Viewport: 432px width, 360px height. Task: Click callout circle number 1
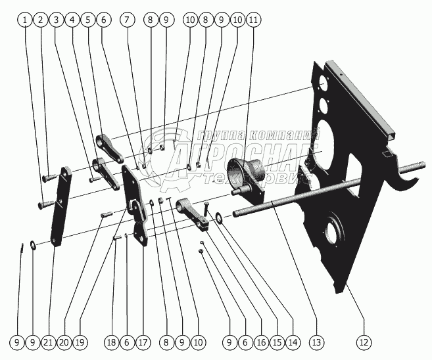25,20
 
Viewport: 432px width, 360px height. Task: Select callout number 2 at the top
41,20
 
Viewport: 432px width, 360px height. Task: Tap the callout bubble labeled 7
126,20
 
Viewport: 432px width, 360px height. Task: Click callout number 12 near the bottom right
363,342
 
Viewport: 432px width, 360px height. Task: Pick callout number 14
293,342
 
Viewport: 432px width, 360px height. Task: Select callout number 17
143,342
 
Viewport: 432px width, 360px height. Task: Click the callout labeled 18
112,342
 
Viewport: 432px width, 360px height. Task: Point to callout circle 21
47,342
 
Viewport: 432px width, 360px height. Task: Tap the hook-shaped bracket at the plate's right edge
401,172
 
